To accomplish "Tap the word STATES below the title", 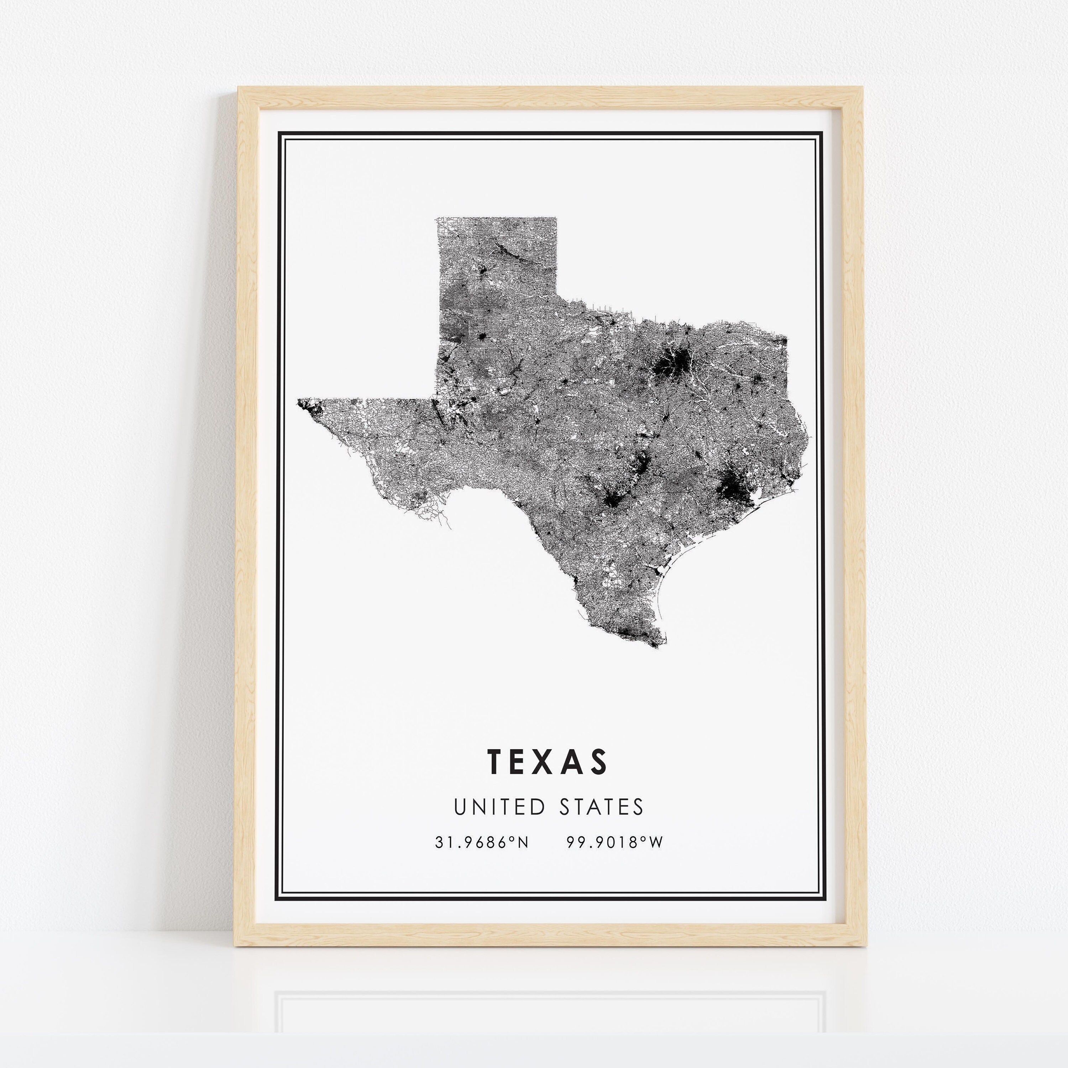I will pos(601,807).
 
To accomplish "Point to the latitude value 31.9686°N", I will pos(481,842).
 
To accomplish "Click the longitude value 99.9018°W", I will pos(614,842).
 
